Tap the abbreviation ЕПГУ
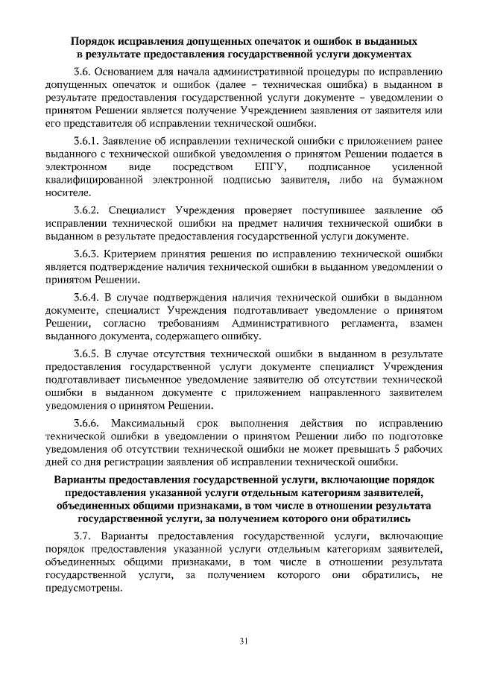(x=266, y=167)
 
